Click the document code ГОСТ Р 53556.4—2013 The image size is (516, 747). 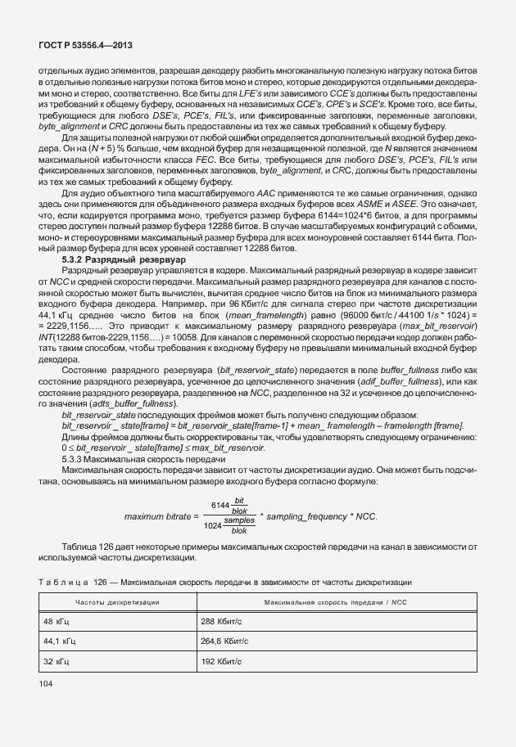[x=76, y=47]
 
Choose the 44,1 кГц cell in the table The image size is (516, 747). [x=57, y=641]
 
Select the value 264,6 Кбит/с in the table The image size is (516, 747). [x=227, y=641]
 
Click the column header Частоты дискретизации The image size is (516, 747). [x=117, y=602]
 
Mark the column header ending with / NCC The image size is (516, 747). [x=335, y=602]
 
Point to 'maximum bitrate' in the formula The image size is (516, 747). [x=158, y=517]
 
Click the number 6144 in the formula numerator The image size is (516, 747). [x=220, y=506]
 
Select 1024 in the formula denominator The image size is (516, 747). [x=212, y=525]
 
